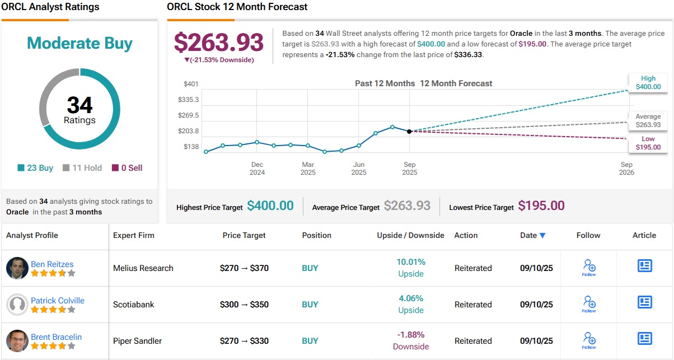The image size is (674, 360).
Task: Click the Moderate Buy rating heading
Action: (79, 44)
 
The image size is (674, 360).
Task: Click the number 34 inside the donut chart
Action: (79, 105)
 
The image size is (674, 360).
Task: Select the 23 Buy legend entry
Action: (35, 168)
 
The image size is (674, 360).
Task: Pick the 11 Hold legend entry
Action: (82, 168)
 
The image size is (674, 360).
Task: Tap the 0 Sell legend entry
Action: (127, 168)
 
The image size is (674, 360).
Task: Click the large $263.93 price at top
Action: (218, 43)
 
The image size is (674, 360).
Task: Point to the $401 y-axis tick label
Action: (191, 84)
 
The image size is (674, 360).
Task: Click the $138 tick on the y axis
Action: (191, 147)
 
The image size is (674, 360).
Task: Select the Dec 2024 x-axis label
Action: (257, 169)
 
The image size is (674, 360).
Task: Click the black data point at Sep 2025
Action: (409, 132)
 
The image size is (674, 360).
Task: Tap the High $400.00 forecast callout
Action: (648, 83)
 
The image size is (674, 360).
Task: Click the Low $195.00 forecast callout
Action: (648, 143)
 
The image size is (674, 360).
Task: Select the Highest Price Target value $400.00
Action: (270, 206)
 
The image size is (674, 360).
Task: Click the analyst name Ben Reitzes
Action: (52, 264)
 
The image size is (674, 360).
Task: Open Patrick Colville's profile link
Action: (58, 301)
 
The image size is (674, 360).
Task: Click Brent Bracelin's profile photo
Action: (17, 341)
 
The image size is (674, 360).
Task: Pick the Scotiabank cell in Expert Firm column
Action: (134, 305)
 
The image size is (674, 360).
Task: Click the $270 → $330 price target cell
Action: (244, 341)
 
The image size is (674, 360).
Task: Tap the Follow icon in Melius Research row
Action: (589, 267)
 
